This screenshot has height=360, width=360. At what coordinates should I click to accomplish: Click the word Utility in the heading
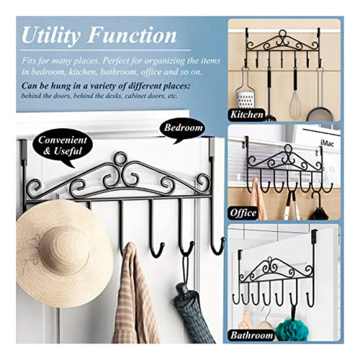click(51, 35)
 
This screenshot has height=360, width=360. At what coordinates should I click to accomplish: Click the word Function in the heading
click(132, 35)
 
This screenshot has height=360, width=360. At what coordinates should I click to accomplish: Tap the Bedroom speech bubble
click(184, 129)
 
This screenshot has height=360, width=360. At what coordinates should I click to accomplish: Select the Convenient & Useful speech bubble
click(63, 146)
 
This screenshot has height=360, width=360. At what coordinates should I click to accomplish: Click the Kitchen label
click(247, 114)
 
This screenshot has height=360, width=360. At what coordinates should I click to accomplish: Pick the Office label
click(243, 212)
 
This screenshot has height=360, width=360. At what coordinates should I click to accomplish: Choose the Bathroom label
click(251, 335)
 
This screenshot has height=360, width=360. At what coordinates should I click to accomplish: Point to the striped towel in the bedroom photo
click(135, 295)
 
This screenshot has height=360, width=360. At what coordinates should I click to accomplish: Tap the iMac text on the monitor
click(327, 143)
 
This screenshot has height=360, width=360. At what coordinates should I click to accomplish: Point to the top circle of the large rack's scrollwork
click(120, 158)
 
